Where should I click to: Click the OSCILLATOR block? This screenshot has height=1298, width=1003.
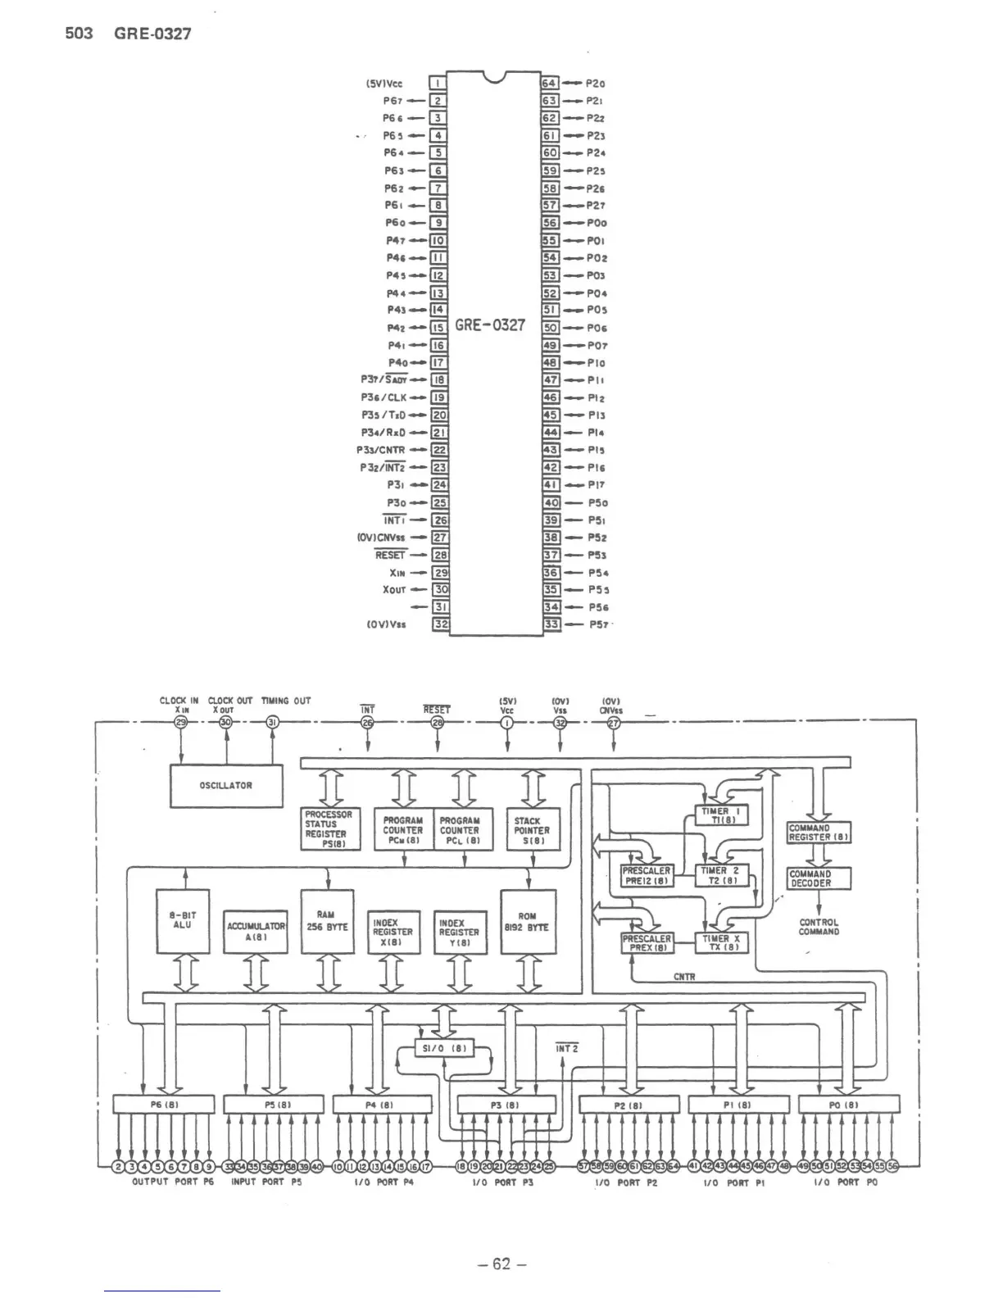pos(226,786)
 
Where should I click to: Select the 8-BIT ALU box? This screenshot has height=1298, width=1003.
pos(182,921)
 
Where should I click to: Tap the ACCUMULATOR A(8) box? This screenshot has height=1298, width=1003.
pos(256,931)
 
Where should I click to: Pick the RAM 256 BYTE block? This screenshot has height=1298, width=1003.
pos(327,921)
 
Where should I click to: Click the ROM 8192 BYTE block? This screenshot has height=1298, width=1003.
pos(528,921)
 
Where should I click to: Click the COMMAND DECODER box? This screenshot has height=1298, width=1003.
pos(819,878)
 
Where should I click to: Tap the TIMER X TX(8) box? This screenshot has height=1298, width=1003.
pos(721,943)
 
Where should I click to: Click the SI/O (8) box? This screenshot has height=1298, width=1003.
pos(445,1048)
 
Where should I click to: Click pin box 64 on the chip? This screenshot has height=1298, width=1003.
pos(549,84)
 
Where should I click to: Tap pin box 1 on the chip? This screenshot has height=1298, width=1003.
pos(438,84)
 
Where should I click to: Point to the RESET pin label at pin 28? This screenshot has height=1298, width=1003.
pos(390,555)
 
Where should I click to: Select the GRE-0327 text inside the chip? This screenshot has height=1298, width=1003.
pos(490,325)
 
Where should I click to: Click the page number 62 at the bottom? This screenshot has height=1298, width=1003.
pos(501,1264)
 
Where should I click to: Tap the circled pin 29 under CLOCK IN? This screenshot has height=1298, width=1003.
pos(181,721)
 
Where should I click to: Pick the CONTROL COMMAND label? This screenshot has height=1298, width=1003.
pos(819,927)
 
